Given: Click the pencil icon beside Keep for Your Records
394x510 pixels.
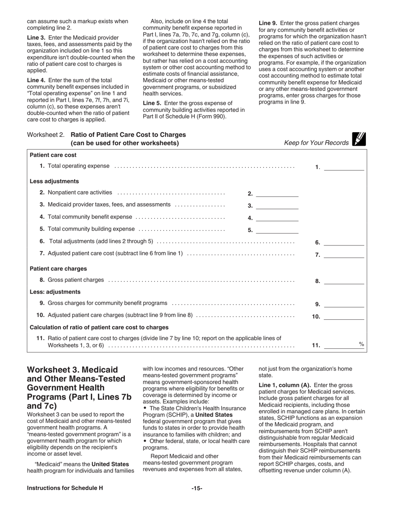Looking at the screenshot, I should click(359, 139).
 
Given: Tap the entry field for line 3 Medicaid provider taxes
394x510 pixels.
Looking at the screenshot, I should click(277, 205).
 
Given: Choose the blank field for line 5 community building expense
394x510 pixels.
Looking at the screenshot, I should click(277, 229).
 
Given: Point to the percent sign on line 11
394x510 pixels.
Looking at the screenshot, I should click(361, 344).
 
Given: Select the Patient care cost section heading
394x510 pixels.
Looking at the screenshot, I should click(53, 155).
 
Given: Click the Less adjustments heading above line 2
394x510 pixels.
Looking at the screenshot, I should click(54, 181).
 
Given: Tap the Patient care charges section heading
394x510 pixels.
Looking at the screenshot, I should click(58, 269).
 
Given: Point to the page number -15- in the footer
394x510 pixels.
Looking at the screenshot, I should click(197, 488).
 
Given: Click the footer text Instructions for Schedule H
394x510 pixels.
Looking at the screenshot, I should click(65, 488).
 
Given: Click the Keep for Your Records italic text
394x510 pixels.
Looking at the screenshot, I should click(316, 143).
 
